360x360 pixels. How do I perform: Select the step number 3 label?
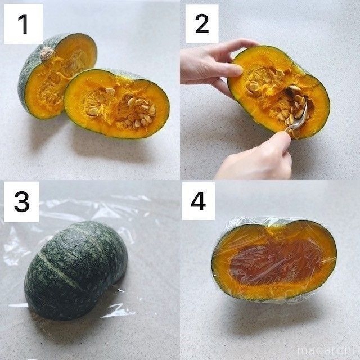(22, 201)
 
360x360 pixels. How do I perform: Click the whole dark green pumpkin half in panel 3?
(76, 270)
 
